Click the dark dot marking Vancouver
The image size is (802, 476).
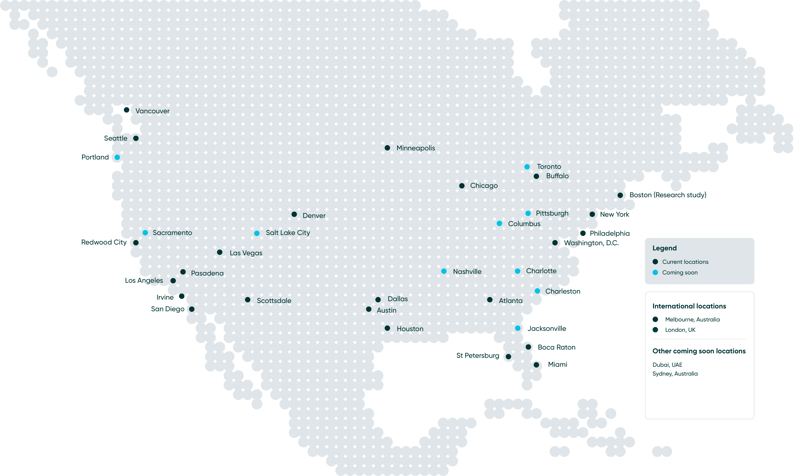127,110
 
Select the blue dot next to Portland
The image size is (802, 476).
117,157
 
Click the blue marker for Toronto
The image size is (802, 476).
527,167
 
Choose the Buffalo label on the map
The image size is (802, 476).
557,176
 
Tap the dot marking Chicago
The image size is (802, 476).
462,186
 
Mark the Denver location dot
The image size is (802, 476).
294,214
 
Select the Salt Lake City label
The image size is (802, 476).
288,233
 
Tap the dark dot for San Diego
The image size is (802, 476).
192,309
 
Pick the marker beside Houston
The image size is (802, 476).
388,328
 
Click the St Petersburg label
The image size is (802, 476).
478,356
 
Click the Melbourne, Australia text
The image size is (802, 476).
692,319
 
